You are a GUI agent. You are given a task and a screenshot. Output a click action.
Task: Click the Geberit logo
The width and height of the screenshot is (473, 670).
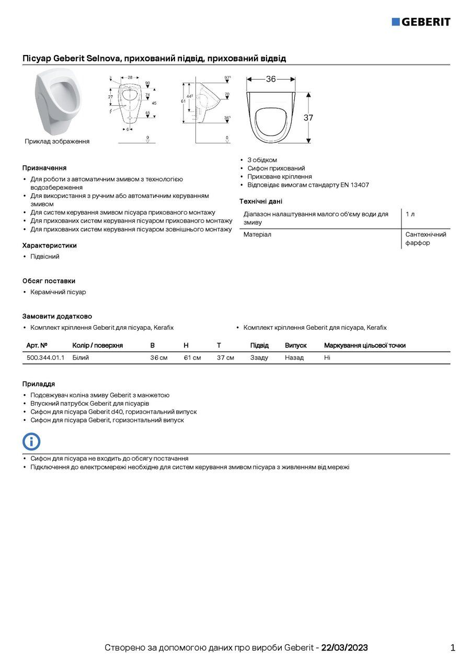click(421, 21)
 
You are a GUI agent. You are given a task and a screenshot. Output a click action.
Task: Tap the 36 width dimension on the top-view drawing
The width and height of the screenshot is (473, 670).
click(271, 79)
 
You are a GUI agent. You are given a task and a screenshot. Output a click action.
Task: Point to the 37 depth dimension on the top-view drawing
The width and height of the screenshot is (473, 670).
click(308, 118)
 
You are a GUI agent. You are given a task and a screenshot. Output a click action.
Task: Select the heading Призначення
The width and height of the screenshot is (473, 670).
click(44, 168)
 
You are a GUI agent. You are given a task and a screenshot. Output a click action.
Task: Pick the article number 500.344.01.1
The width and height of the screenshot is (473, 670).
click(45, 358)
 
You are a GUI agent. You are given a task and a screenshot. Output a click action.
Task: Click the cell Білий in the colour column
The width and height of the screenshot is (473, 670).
click(80, 358)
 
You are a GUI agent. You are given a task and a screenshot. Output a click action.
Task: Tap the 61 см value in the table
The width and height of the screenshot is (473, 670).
click(192, 358)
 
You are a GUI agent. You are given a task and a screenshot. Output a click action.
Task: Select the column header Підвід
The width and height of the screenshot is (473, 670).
click(259, 345)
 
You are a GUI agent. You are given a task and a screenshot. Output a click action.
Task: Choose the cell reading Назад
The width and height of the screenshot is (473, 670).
click(294, 358)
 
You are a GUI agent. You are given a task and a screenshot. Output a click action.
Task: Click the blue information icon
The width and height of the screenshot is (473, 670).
click(31, 441)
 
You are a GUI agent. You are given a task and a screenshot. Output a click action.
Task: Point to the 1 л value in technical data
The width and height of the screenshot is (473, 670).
click(410, 214)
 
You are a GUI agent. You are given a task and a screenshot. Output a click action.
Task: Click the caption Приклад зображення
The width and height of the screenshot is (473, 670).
click(57, 141)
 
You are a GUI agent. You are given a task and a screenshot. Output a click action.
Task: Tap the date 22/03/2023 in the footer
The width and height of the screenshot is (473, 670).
click(344, 648)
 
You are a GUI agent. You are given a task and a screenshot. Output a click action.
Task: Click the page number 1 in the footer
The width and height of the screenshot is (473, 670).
click(453, 648)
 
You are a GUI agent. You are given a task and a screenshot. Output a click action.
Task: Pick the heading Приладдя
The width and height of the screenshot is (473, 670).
click(39, 384)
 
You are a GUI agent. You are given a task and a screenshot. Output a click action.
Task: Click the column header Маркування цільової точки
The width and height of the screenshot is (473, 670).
click(365, 345)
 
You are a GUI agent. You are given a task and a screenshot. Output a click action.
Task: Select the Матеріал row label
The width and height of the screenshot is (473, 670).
click(257, 234)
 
